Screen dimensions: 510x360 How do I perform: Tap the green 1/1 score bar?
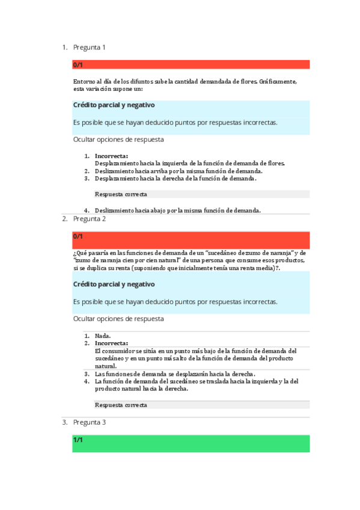point(191,443)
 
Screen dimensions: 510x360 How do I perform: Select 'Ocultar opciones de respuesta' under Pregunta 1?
point(118,140)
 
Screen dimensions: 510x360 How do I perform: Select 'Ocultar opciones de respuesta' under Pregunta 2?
point(118,318)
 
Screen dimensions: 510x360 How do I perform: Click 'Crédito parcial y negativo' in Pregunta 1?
point(114,105)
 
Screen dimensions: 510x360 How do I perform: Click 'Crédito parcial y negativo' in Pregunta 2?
point(114,284)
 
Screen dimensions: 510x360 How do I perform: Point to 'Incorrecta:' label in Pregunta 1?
point(111,156)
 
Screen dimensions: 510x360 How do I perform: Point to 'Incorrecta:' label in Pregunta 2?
point(111,343)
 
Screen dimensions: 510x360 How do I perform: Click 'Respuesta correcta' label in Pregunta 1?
point(121,194)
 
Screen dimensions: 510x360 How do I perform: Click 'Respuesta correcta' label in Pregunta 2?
point(121,405)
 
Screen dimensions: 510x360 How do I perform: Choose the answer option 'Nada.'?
point(103,336)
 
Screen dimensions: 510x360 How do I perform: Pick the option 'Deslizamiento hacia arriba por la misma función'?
point(178,171)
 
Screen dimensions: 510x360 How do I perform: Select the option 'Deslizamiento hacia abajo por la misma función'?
point(177,210)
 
